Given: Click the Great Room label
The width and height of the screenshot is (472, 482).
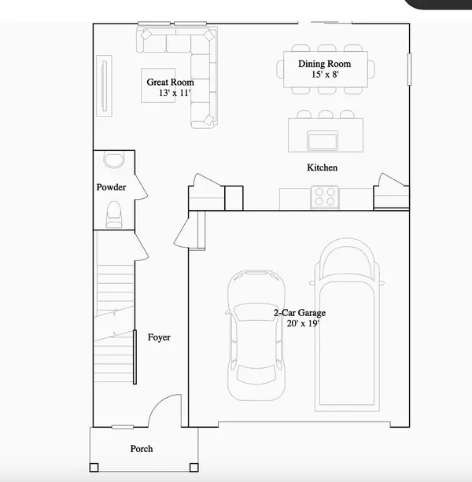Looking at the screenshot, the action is [x=170, y=82].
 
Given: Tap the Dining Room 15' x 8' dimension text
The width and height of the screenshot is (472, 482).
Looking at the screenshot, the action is [x=325, y=75].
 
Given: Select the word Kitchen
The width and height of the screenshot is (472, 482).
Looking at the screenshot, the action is [x=322, y=167].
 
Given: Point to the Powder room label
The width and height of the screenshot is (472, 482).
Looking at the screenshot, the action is [x=111, y=187].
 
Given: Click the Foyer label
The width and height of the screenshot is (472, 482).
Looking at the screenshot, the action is [x=159, y=337].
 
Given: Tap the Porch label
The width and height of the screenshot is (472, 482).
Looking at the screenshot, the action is [x=142, y=449].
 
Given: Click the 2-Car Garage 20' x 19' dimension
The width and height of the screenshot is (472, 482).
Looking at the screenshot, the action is [x=303, y=323].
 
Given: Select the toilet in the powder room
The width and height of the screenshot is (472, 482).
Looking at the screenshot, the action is [x=114, y=215].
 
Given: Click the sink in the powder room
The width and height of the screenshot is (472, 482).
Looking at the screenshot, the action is [x=114, y=160].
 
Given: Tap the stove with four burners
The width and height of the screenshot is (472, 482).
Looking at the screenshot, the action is [x=325, y=197].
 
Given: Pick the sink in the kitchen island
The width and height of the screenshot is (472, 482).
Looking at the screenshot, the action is [x=323, y=141].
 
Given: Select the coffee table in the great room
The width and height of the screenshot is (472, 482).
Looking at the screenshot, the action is [x=158, y=86].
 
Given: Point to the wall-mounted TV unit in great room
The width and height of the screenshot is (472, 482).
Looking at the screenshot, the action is [x=105, y=86].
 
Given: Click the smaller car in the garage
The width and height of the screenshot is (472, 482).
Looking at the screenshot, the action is [x=256, y=335].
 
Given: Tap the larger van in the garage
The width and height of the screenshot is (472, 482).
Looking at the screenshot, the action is [x=347, y=324].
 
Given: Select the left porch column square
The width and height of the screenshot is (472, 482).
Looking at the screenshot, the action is [x=94, y=468].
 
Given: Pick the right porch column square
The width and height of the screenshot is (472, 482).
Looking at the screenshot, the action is [x=194, y=468].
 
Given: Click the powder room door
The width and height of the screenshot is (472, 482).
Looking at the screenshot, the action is [x=142, y=187].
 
